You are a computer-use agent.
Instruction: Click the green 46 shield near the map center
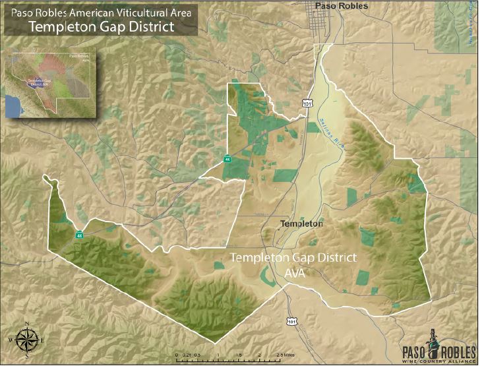point(227,159)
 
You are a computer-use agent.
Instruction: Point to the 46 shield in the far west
point(79,235)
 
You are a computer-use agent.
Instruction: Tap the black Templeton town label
point(301,224)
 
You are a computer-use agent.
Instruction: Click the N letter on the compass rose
point(26,323)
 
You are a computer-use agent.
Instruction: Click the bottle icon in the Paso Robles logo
point(435,342)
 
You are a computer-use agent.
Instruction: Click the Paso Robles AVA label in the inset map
point(78,58)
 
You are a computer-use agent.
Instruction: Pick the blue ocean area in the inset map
point(13,104)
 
